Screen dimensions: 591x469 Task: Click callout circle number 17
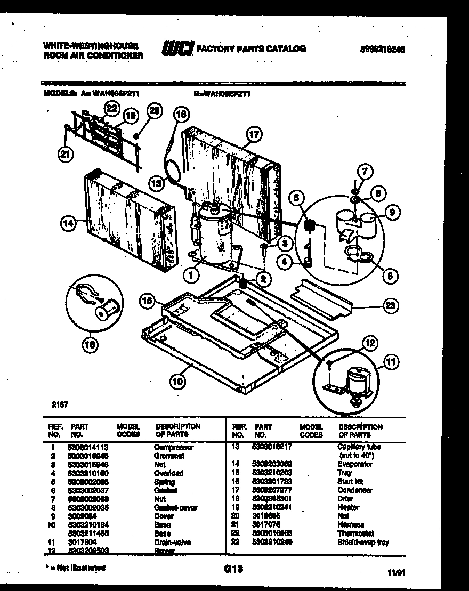254,134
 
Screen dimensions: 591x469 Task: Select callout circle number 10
177,380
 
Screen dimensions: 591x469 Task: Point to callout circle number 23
391,306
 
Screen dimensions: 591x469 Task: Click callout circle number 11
391,363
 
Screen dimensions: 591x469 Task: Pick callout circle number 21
64,155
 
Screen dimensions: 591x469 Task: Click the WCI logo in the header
177,48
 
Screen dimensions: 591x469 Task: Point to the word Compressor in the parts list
173,447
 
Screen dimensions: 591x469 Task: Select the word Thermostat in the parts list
355,533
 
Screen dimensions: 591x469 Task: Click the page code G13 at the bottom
233,569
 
